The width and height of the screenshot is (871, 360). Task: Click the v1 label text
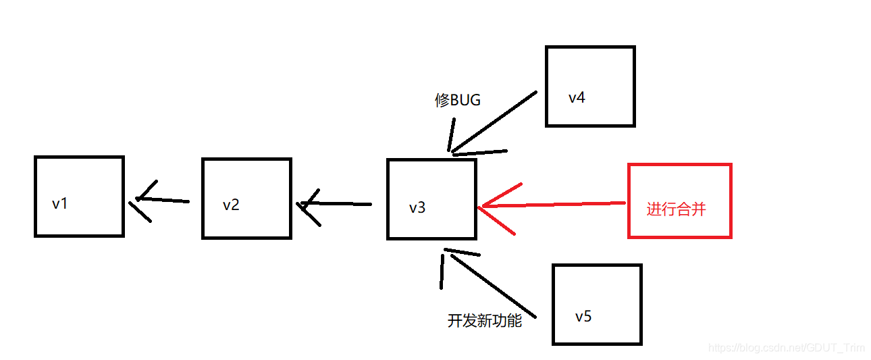59,203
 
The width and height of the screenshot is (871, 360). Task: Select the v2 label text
231,205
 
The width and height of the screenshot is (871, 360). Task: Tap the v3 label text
417,207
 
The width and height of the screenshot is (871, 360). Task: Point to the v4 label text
577,97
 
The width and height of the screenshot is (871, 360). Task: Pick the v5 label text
583,316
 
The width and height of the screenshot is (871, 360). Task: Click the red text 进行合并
676,209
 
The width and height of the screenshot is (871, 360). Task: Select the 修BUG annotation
458,101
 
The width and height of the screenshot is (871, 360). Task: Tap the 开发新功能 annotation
484,321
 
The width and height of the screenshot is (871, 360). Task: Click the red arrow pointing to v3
554,205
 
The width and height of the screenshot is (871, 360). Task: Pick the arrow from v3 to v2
338,204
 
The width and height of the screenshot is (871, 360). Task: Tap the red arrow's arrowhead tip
479,207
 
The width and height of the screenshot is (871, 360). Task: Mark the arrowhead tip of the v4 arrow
451,153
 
